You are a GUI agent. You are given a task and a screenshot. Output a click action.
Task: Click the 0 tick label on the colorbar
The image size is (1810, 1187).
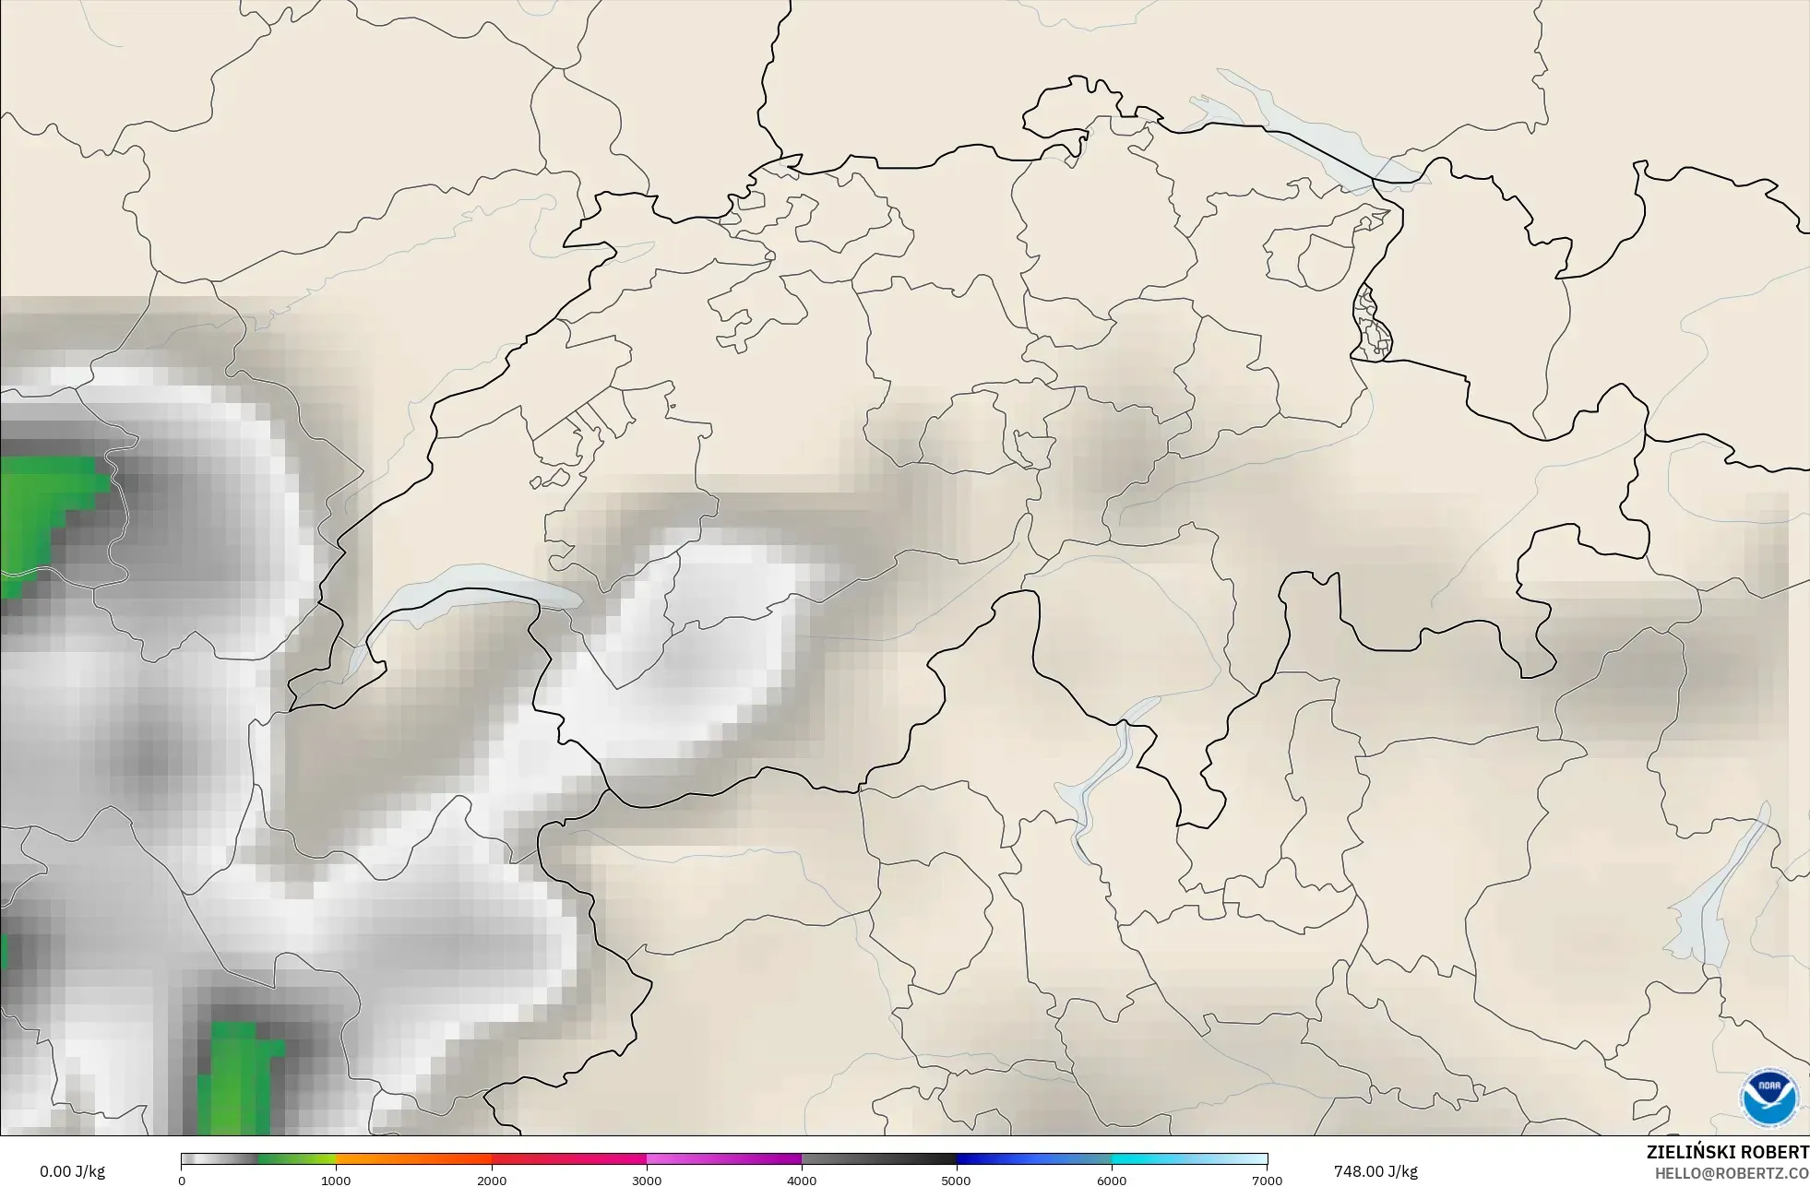(x=182, y=1181)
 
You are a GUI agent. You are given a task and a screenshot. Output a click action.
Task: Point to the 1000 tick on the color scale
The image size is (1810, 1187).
(x=336, y=1181)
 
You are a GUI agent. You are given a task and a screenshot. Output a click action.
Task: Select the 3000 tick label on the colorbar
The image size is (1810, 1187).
(x=647, y=1181)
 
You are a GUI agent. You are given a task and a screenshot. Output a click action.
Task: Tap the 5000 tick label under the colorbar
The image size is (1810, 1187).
(x=956, y=1181)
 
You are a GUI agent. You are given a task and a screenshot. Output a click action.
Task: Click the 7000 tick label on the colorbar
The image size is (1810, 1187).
(x=1267, y=1181)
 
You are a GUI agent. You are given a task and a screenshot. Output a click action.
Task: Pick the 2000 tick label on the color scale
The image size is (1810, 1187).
(x=492, y=1181)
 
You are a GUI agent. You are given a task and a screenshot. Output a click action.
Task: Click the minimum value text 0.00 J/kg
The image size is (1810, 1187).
(x=72, y=1171)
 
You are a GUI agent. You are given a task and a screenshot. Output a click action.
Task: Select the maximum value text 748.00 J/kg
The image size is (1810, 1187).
(x=1375, y=1171)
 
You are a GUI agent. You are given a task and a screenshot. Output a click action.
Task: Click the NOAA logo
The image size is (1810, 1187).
(x=1768, y=1098)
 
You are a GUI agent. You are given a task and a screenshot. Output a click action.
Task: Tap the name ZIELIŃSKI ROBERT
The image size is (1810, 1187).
(x=1727, y=1152)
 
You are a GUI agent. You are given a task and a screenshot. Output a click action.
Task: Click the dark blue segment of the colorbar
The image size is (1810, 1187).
(x=1033, y=1159)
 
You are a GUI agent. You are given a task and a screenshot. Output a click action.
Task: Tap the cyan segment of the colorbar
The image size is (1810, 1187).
(x=1162, y=1159)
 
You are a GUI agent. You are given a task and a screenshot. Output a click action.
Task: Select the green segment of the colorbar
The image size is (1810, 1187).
(x=295, y=1159)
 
